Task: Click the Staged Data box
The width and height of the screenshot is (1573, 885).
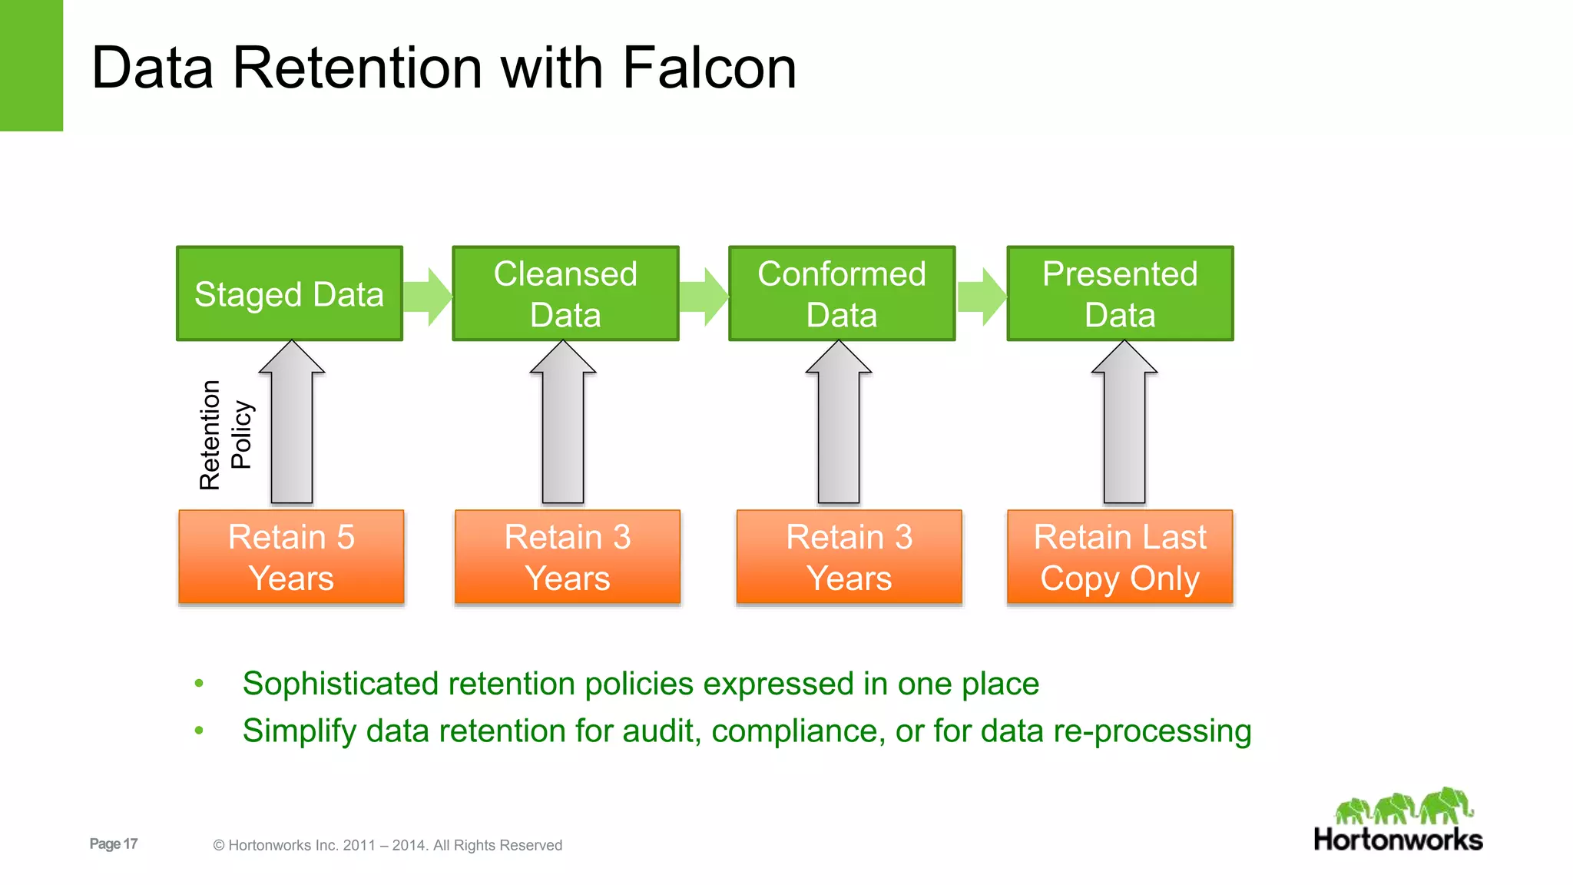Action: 290,293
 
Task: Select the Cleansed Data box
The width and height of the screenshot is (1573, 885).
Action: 565,293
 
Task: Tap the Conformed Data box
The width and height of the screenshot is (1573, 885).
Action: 842,293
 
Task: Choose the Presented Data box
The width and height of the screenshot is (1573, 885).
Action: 1120,293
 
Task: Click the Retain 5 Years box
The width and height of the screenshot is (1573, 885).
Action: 291,557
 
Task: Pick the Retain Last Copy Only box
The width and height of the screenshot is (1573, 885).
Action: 1120,557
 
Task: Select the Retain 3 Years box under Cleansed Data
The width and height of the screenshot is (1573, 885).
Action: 568,557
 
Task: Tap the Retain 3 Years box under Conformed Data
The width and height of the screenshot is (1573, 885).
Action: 849,557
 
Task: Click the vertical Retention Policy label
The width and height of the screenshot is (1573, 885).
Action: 225,435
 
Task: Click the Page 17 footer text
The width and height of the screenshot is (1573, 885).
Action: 114,844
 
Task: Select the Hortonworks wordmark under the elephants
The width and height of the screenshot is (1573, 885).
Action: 1398,840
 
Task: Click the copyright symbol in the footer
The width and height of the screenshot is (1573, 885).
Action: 219,846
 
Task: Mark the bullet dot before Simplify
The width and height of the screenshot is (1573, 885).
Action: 199,731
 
